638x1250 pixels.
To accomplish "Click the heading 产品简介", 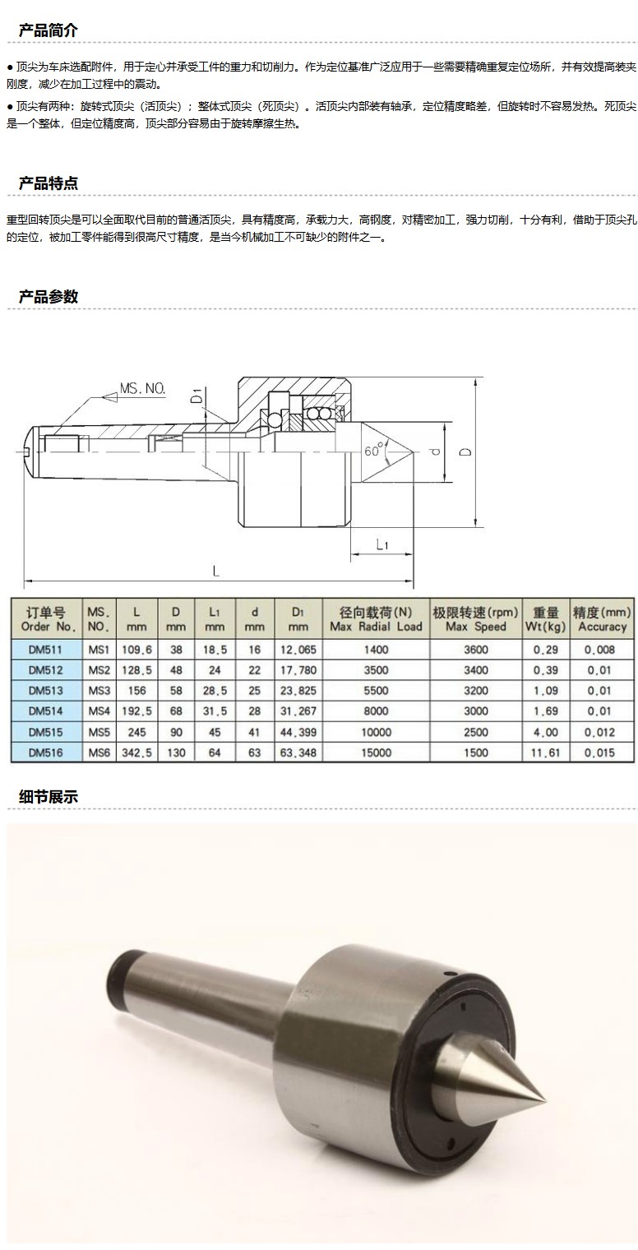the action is click(49, 30).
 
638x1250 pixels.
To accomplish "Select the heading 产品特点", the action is click(49, 183).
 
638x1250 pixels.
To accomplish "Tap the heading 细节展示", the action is click(49, 797).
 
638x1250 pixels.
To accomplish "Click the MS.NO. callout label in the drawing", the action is click(143, 388).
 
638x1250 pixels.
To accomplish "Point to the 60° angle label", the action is click(374, 450).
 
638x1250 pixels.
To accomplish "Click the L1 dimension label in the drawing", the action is click(382, 544).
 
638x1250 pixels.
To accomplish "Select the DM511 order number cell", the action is click(46, 650).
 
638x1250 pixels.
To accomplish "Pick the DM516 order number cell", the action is click(46, 752).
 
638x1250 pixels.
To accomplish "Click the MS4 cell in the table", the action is click(99, 711).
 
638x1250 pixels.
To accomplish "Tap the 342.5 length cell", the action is click(136, 752).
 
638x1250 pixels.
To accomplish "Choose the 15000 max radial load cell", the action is click(376, 752).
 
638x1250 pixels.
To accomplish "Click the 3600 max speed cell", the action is click(476, 650).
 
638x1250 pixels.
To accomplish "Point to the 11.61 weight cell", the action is click(545, 752).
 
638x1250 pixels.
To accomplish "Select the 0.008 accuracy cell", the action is click(601, 650).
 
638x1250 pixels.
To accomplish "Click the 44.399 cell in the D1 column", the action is click(298, 732).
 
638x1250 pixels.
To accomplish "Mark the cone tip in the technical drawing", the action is click(412, 451).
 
